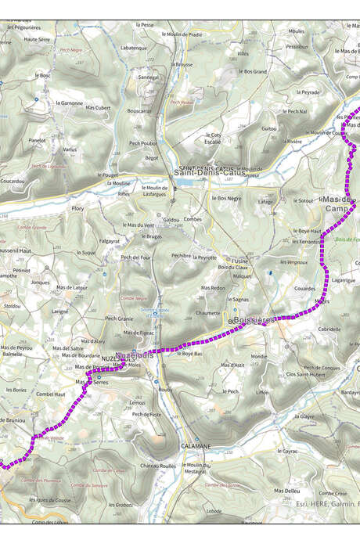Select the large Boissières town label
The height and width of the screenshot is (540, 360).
pyautogui.click(x=255, y=320)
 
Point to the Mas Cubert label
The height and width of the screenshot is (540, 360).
pyautogui.click(x=99, y=107)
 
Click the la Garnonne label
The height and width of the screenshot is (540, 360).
pyautogui.click(x=70, y=103)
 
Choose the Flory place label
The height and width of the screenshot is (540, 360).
pyautogui.click(x=77, y=209)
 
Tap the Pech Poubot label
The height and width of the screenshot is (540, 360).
pyautogui.click(x=143, y=143)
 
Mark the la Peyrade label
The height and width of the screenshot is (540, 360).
pyautogui.click(x=310, y=92)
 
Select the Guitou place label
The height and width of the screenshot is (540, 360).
pyautogui.click(x=269, y=128)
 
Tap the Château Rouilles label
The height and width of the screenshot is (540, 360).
pyautogui.click(x=158, y=466)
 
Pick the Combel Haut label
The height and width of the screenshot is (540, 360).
pyautogui.click(x=51, y=394)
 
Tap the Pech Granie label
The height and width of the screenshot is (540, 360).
pyautogui.click(x=120, y=319)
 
